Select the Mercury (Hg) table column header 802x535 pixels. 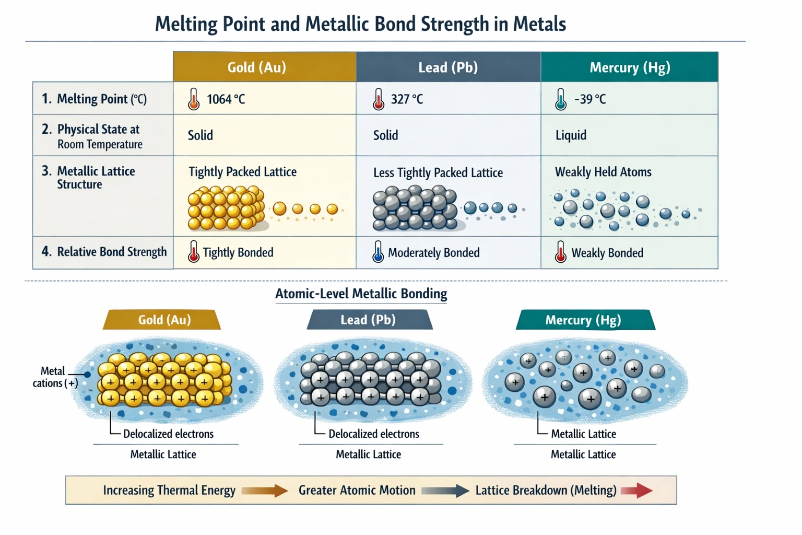pos(629,67)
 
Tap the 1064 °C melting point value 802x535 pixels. pos(226,99)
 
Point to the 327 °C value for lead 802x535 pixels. pos(407,99)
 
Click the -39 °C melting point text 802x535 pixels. pos(590,99)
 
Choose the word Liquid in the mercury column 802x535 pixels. pos(571,135)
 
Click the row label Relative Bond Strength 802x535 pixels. pos(111,252)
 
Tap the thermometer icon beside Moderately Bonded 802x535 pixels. pos(378,252)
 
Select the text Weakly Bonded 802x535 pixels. pos(607,253)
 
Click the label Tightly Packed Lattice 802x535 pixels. pos(242,172)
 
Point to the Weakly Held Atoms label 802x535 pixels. pos(603,172)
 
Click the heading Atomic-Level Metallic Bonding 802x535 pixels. pos(361,294)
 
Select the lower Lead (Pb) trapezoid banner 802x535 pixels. pos(369,320)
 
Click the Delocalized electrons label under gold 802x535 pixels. pos(168,434)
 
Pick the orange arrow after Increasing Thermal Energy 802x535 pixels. pos(265,491)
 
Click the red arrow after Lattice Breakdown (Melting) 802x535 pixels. pos(636,491)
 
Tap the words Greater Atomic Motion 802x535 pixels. pos(357,491)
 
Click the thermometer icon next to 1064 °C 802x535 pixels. pos(194,99)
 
